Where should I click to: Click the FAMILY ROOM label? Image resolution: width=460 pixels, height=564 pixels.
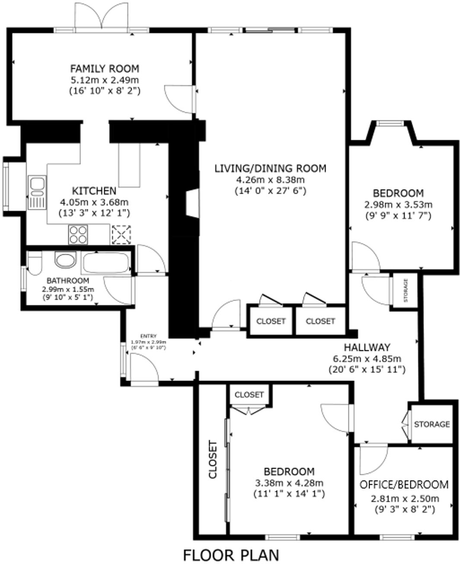click(105, 68)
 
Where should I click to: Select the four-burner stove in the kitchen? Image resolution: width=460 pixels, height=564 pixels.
click(78, 234)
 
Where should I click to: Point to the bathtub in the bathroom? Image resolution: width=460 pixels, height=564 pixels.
click(106, 263)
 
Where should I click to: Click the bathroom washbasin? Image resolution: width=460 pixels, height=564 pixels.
click(65, 260)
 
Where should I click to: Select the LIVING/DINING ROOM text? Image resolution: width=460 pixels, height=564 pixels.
click(270, 168)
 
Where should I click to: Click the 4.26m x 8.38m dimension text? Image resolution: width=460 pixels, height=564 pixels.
click(270, 179)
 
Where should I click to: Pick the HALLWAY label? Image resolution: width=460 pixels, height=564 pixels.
click(367, 347)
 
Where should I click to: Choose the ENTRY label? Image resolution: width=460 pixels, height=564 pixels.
click(148, 336)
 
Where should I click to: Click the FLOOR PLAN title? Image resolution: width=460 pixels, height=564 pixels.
click(231, 555)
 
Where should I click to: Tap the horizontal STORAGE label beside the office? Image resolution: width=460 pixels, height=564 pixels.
click(431, 424)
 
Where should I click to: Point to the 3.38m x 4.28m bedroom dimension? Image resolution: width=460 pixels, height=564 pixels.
click(289, 483)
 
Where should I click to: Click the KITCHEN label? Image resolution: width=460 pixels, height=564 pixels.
click(94, 191)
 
